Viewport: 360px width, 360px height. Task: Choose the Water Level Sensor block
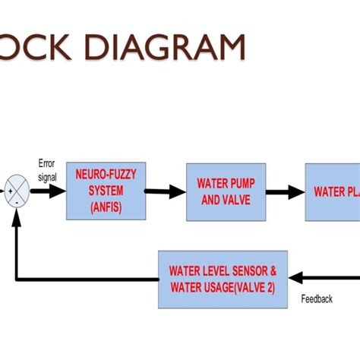tap(223, 279)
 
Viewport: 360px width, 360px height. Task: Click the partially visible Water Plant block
tap(333, 192)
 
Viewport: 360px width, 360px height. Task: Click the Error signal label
tap(47, 171)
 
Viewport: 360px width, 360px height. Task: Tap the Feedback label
tap(317, 299)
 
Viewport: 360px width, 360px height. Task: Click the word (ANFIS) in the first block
tap(105, 205)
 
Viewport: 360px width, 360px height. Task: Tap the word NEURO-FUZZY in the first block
tap(106, 175)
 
